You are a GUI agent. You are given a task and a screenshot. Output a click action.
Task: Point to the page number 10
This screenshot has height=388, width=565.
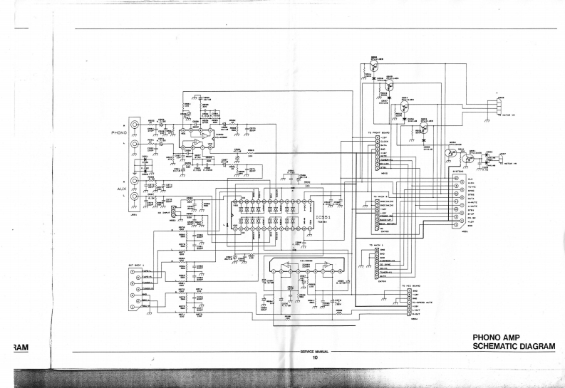coord(314,358)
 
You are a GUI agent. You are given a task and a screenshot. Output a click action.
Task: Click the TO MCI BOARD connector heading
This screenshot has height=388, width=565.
coord(412,285)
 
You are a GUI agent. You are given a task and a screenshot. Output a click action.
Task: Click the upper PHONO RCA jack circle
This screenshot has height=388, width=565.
coord(133,122)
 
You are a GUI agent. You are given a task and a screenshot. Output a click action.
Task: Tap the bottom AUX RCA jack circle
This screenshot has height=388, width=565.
coord(133,195)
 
